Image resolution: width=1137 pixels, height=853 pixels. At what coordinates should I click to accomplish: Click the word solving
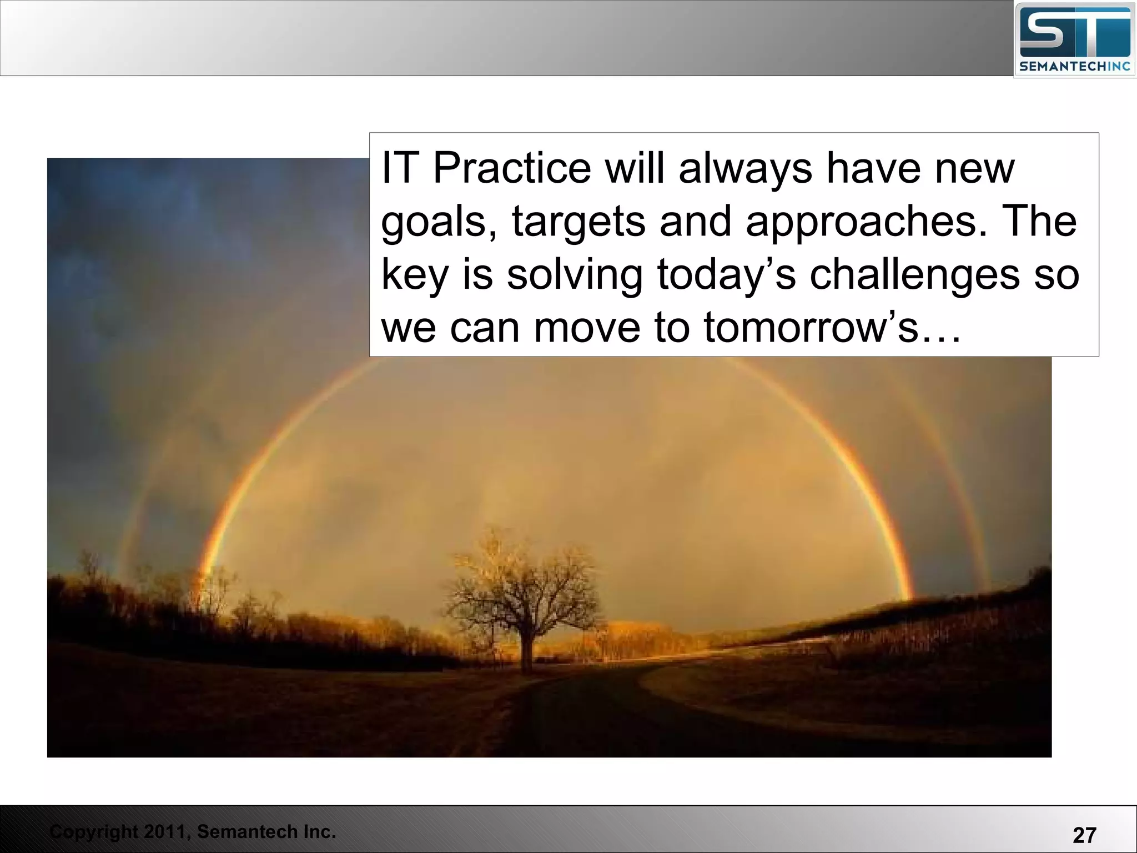click(x=575, y=275)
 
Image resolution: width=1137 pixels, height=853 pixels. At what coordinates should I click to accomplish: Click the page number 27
click(x=1084, y=835)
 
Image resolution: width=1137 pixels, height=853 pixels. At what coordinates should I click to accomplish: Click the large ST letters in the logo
click(x=1074, y=34)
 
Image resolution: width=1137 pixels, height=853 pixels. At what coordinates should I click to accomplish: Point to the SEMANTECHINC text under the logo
click(x=1075, y=67)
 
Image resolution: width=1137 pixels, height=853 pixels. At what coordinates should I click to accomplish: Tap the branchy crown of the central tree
click(x=522, y=583)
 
